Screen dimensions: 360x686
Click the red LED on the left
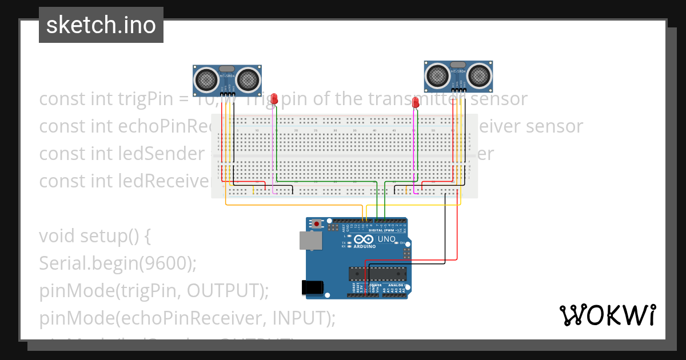pos(274,99)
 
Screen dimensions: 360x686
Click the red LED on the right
pos(416,102)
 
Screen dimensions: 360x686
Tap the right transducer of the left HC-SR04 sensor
pos(249,79)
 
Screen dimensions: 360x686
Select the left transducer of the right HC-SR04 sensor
pos(437,75)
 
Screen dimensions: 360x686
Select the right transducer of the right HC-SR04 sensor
pos(479,75)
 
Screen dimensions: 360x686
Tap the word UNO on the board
pos(387,239)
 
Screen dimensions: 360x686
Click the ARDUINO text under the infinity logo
pos(365,247)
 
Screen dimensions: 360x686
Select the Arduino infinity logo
pos(364,239)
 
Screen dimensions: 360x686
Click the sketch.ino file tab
pos(101,25)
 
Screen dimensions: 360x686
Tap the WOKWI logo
pos(607,315)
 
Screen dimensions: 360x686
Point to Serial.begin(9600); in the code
pos(118,263)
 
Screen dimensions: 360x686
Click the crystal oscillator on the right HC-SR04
pos(458,65)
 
